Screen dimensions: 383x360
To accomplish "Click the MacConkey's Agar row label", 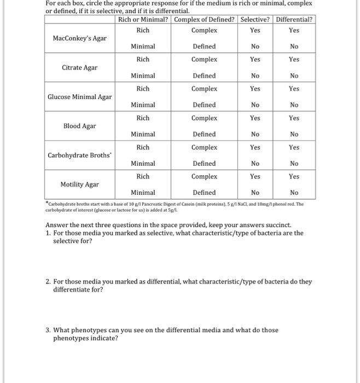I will [x=80, y=38].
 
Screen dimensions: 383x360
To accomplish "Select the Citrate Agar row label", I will [x=80, y=67].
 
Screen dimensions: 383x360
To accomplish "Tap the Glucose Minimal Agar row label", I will [x=80, y=97].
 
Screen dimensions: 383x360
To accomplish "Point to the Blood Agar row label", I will [x=80, y=126].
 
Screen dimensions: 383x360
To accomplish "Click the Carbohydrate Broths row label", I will [x=80, y=155].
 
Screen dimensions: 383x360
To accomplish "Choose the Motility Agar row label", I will [x=80, y=184].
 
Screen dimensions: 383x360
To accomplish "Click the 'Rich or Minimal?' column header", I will [x=143, y=20].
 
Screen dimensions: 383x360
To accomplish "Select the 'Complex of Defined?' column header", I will [x=204, y=20].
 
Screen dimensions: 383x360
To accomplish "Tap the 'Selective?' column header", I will [x=255, y=20].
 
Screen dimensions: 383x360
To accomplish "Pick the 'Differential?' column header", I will [x=294, y=20].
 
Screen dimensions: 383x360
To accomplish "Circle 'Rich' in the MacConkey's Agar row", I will [x=143, y=30].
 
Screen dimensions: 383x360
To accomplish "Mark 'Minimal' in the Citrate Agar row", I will [x=143, y=76].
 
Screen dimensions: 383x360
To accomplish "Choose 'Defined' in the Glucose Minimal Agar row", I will [x=204, y=105].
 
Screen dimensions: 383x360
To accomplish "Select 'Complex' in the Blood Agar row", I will [x=204, y=118].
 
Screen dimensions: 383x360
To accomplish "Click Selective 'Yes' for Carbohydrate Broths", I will [x=255, y=147].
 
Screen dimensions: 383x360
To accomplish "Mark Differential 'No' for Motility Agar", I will [x=294, y=193].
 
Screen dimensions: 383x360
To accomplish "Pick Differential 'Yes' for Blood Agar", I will [x=294, y=118].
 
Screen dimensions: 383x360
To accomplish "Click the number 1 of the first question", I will [x=48, y=233].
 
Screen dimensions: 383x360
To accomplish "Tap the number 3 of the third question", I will [x=48, y=330].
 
